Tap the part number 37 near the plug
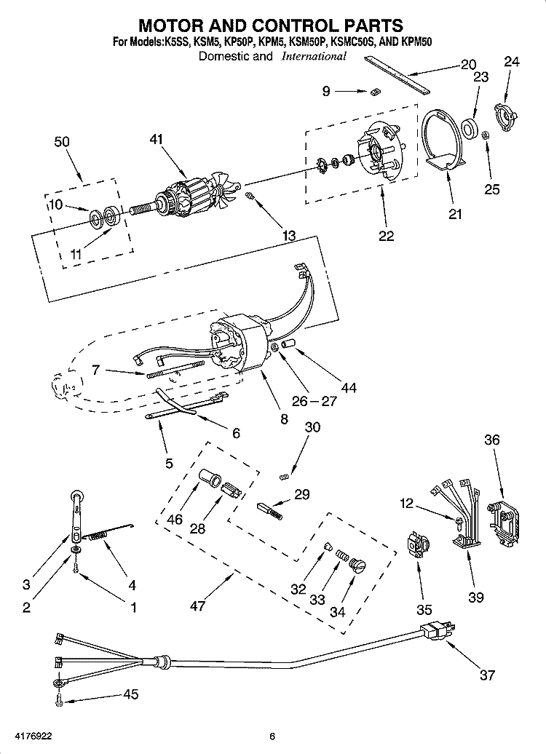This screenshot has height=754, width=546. (x=487, y=676)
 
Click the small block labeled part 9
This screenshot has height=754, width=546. (x=376, y=91)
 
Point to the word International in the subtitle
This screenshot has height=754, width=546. (x=314, y=56)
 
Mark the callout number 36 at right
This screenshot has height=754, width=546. (x=492, y=440)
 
